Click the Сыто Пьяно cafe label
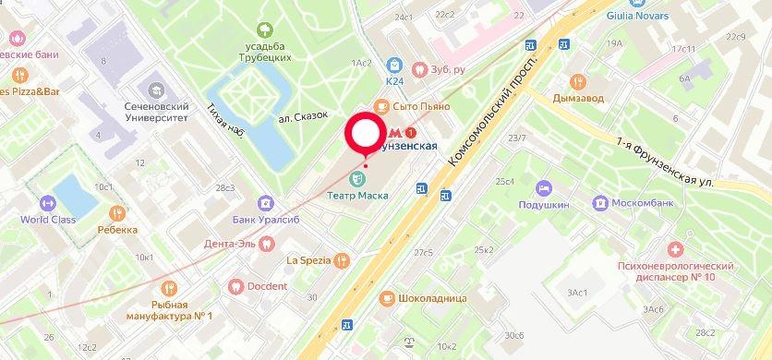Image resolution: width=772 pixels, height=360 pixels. click(421, 107)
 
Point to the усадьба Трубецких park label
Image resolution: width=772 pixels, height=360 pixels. click(265, 50)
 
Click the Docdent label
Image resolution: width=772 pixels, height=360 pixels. click(266, 286)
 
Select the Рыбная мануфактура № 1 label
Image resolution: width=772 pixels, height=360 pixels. click(181, 311)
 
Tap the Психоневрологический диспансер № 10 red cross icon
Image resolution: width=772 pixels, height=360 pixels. click(677, 249)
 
